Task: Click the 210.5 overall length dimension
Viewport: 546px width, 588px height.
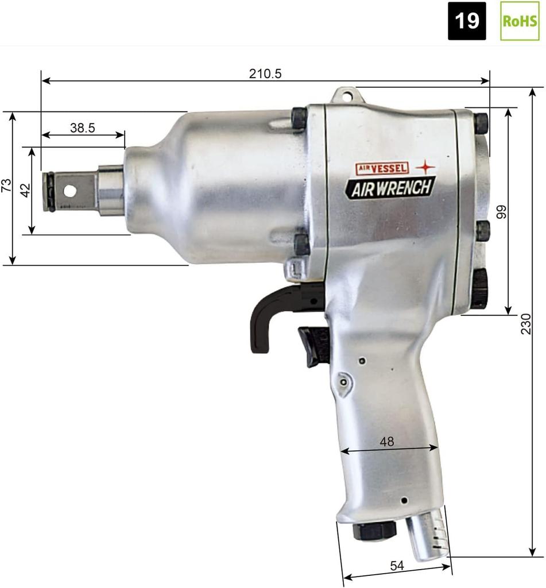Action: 265,73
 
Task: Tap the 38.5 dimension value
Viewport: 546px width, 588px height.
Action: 83,128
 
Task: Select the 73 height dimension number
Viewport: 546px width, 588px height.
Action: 6,185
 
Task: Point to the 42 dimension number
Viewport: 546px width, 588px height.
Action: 25,191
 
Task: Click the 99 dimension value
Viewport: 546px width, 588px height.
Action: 502,212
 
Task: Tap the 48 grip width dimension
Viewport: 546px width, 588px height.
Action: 387,442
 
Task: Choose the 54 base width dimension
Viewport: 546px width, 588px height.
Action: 397,566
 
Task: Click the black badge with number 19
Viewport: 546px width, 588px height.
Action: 467,21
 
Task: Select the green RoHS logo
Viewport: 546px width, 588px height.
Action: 520,21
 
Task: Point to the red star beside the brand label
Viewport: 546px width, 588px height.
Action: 425,167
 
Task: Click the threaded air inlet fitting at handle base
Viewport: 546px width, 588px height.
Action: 428,532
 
